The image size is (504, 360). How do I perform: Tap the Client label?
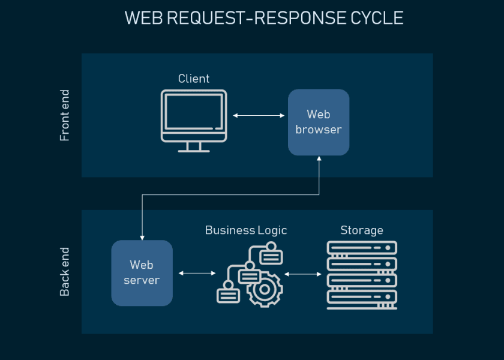point(194,79)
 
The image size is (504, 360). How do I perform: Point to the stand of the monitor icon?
point(194,147)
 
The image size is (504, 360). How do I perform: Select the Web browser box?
point(319,122)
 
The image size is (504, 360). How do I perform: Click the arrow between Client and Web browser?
point(259,115)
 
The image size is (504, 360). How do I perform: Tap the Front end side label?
point(65,116)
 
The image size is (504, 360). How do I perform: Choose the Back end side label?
point(65,272)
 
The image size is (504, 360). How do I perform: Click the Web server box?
point(142,273)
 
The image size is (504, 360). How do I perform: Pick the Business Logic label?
point(246,230)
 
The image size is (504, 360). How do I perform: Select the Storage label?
point(362,230)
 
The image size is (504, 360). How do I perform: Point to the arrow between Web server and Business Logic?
point(197,273)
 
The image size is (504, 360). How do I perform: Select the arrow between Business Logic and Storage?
point(303,274)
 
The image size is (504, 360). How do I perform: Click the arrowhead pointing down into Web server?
point(142,237)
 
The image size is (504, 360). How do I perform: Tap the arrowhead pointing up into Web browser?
point(319,160)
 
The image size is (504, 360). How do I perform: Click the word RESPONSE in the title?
point(298,18)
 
